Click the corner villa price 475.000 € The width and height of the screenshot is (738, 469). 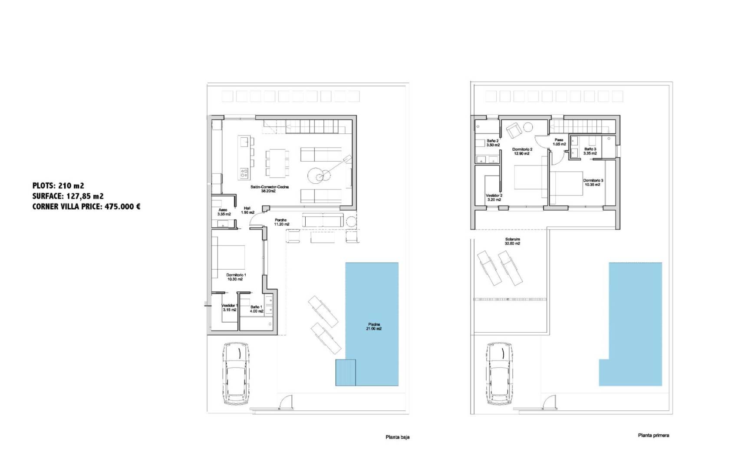(x=86, y=207)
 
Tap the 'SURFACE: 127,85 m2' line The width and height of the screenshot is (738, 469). (x=68, y=196)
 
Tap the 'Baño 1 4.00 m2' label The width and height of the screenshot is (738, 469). (x=256, y=309)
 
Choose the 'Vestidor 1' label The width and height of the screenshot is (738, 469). (x=229, y=307)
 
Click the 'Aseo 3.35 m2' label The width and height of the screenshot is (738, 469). (x=224, y=211)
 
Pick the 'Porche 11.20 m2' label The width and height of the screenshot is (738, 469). (x=281, y=222)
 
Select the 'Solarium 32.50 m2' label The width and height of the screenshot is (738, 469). (x=512, y=241)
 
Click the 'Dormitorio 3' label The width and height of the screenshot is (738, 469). (x=593, y=182)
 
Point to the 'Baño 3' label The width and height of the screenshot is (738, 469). (x=590, y=151)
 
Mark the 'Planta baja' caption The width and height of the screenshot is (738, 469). (x=397, y=437)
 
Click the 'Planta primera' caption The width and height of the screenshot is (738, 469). (x=653, y=435)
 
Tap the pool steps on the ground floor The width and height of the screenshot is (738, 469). (x=346, y=373)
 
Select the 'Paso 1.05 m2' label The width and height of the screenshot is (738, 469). (x=559, y=142)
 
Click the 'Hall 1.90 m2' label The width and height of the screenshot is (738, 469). (x=247, y=210)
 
